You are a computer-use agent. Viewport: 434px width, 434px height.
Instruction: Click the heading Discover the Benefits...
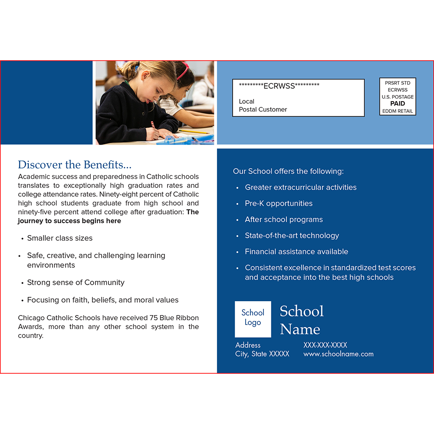click(x=74, y=165)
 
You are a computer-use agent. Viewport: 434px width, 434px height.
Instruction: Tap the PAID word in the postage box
click(x=398, y=104)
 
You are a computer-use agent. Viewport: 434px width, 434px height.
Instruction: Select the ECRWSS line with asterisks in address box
click(x=279, y=85)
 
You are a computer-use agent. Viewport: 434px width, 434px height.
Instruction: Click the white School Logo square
click(x=253, y=319)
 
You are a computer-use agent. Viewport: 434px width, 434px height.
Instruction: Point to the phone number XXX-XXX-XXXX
click(x=325, y=345)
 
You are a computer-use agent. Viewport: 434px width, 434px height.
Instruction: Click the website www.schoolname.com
click(x=338, y=354)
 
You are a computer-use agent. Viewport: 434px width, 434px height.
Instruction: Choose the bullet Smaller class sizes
click(x=59, y=238)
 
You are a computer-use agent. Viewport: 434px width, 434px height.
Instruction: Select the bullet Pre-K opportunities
click(x=278, y=204)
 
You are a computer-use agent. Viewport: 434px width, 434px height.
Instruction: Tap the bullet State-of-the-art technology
click(x=292, y=236)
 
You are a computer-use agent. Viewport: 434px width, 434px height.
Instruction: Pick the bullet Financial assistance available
click(x=296, y=252)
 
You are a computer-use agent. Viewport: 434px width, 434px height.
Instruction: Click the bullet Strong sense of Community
click(x=76, y=283)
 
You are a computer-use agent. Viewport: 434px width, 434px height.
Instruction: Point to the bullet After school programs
click(x=283, y=220)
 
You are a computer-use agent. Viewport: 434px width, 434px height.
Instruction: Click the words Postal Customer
click(x=263, y=110)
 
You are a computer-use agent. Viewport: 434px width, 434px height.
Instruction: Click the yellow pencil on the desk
click(x=194, y=131)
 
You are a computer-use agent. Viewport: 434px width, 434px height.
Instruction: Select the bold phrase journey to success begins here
click(x=69, y=221)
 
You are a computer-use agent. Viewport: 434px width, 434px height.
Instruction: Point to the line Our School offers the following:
click(x=288, y=171)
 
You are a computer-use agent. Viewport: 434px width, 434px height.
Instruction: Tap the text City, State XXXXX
click(x=262, y=354)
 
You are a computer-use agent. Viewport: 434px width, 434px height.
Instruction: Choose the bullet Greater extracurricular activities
click(x=300, y=187)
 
